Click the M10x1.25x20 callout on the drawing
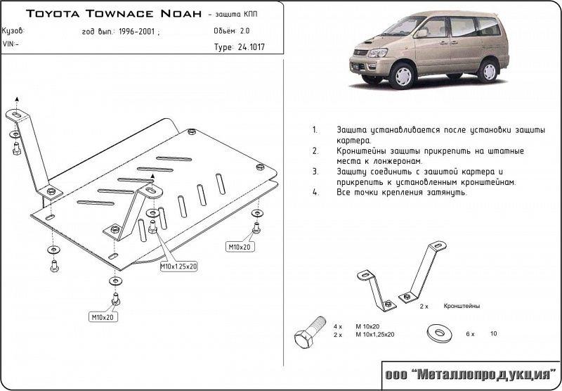coord(179,267)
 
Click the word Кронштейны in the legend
coord(462,307)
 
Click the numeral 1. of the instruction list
coord(315,131)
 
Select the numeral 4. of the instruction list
coord(315,192)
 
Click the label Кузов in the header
coord(13,31)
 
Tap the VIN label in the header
coord(11,44)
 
